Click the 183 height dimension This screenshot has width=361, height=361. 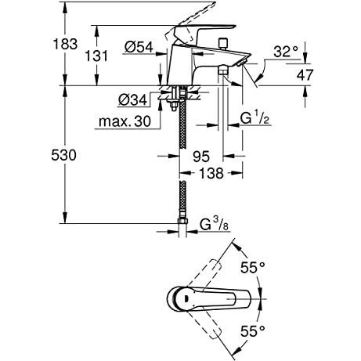coord(65,44)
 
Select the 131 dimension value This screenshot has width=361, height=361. coord(96,56)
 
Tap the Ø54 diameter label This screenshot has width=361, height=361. coord(139,47)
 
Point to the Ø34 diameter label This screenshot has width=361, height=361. coord(132,99)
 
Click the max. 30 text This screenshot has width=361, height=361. coord(125,121)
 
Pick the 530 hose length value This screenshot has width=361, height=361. coord(63,155)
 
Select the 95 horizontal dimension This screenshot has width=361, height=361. coord(201,157)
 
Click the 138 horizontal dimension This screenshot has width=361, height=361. coord(211,173)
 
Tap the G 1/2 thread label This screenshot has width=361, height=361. coord(255,118)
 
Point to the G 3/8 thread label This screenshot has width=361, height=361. coord(214,224)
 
